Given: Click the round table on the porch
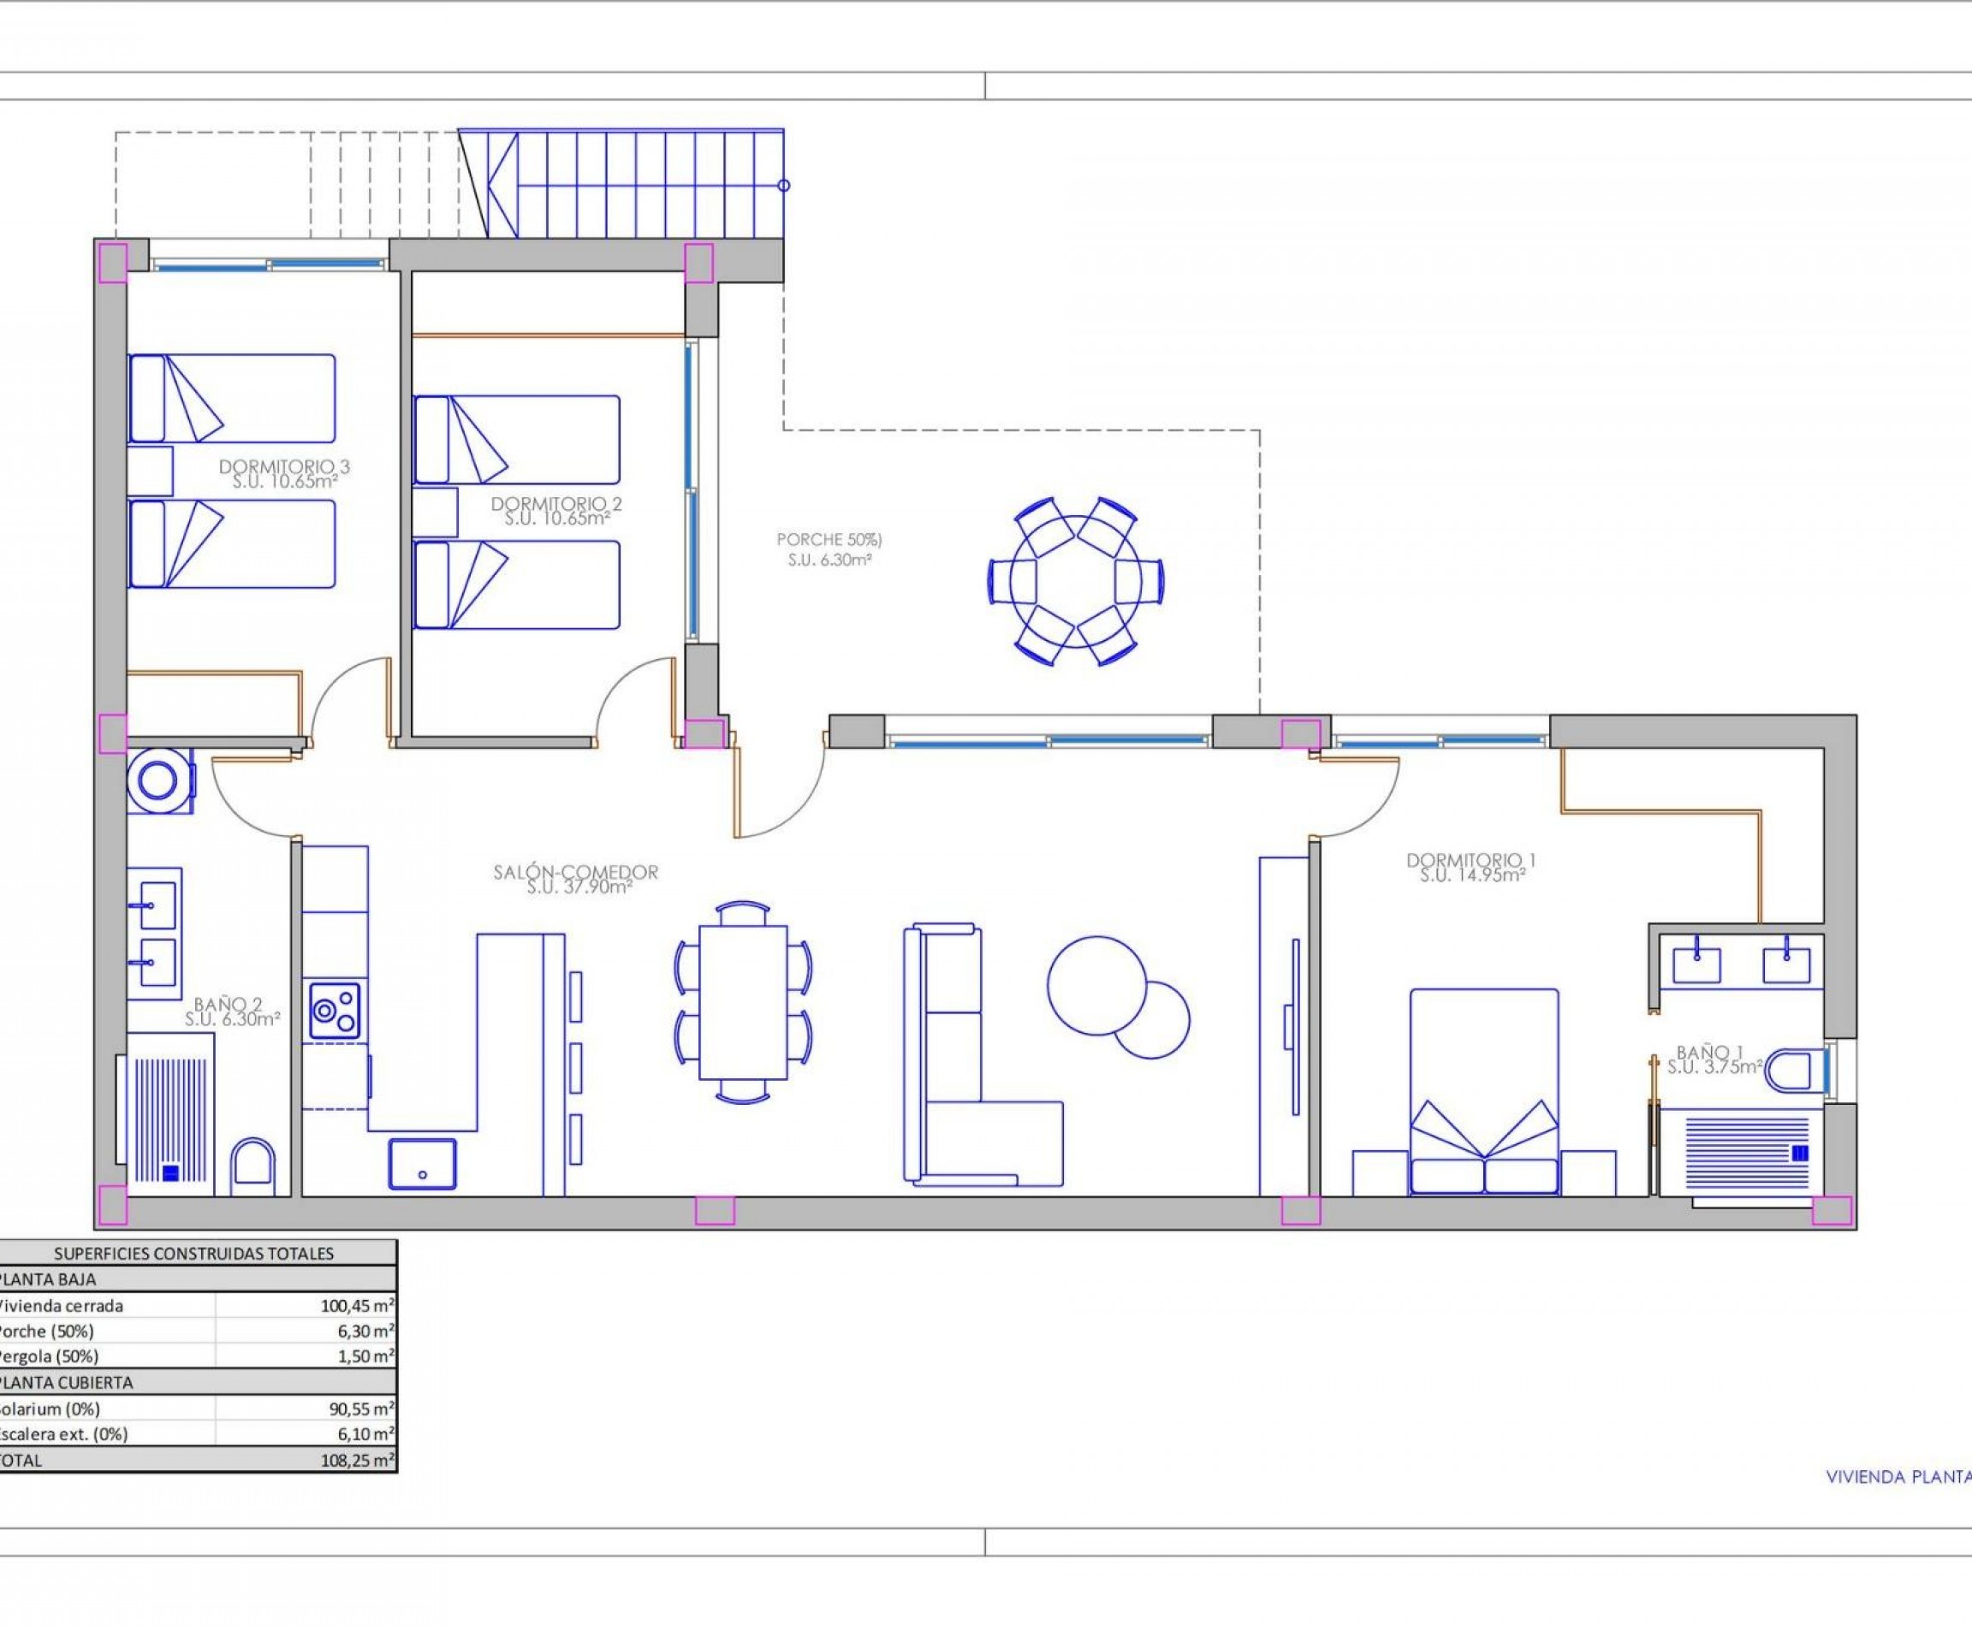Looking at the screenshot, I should (x=1077, y=582).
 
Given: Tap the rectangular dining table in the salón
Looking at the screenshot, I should (x=743, y=1002).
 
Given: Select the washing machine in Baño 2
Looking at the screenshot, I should (x=158, y=780).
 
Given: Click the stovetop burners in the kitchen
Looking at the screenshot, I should (x=333, y=1011).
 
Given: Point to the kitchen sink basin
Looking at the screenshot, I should (x=423, y=1164).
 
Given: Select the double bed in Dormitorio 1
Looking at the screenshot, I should (x=1484, y=1091).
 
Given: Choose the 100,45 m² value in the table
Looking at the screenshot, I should (x=357, y=1306).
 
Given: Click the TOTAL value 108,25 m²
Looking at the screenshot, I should (x=357, y=1459).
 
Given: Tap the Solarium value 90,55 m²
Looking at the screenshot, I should (x=357, y=1409).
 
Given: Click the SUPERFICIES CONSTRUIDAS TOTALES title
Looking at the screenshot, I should (x=194, y=1253).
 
